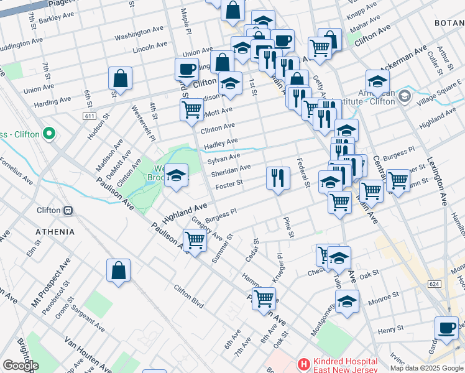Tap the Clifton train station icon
point(68,210)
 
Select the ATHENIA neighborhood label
point(55,232)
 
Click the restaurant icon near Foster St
point(278,178)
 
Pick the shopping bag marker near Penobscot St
point(118,270)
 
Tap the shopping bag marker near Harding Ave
point(120,78)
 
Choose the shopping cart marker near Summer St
point(195,240)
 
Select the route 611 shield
point(90,116)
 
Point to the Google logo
point(20,366)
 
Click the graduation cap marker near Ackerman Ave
point(377,81)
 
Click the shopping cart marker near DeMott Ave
point(192,109)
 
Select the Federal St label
point(304,173)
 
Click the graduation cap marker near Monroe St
point(347,302)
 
